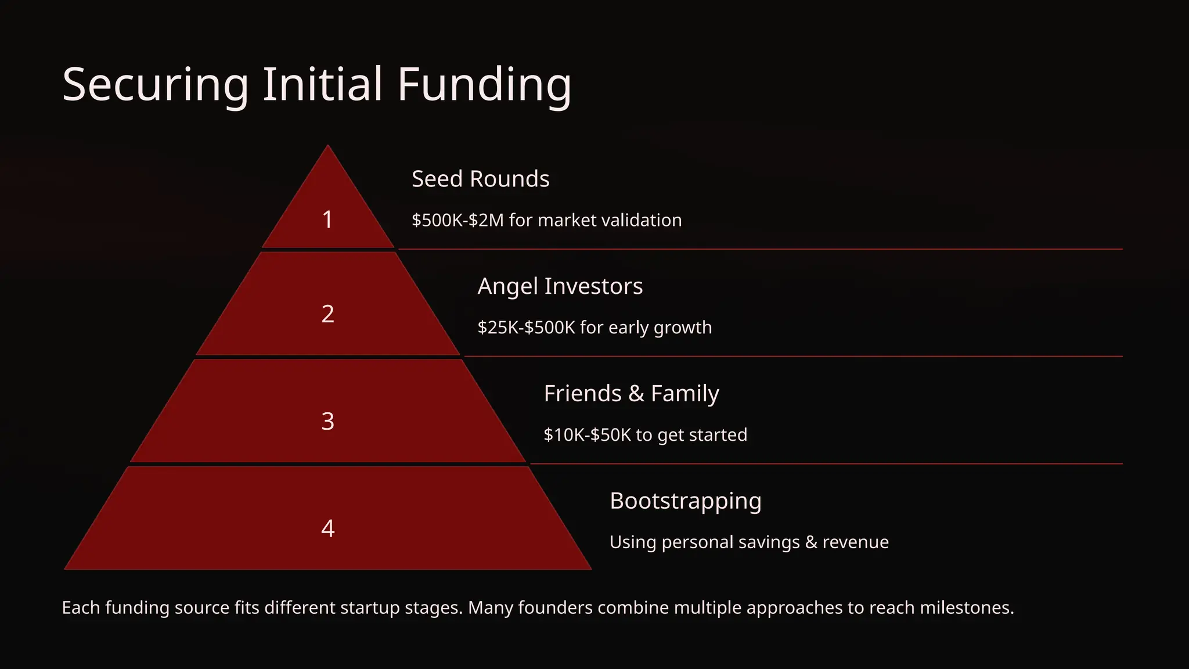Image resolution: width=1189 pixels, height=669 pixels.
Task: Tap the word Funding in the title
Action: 484,85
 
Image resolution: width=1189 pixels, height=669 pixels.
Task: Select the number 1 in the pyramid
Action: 327,220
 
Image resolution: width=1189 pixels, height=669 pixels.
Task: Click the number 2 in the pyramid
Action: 327,314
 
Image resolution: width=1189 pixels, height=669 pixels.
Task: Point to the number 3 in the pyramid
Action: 327,421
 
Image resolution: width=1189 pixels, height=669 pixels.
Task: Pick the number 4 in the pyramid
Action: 327,528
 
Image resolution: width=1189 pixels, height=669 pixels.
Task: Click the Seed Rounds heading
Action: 480,179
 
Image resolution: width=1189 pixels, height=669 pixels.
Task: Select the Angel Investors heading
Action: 560,286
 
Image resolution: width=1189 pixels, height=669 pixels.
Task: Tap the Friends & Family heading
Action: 631,394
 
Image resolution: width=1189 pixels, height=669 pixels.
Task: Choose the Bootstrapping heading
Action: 685,501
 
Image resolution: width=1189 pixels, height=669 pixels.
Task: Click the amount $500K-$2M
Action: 457,221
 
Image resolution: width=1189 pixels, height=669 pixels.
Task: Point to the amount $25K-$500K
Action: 526,328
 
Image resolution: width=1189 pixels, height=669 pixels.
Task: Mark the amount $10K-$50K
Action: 587,435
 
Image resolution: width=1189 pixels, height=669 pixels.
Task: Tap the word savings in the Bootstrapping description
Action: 769,542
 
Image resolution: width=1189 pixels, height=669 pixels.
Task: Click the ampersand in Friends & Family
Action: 636,394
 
